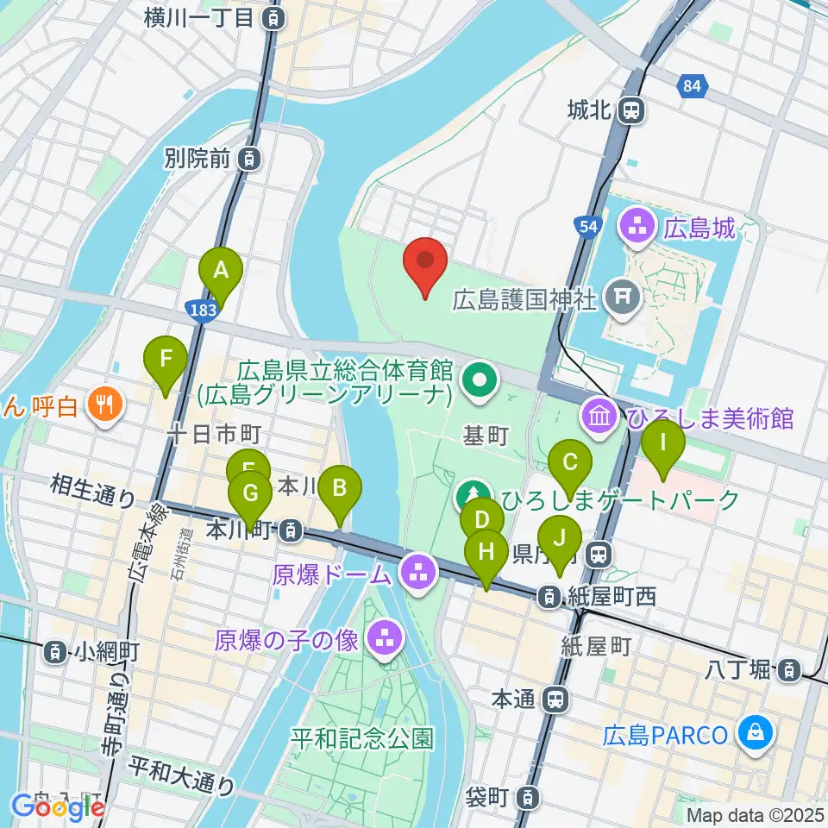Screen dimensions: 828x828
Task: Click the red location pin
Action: click(425, 262)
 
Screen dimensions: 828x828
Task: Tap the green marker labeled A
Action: click(220, 273)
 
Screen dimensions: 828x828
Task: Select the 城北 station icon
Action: click(634, 110)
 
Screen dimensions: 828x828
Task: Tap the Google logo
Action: click(58, 807)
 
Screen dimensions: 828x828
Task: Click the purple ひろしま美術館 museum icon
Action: click(599, 417)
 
